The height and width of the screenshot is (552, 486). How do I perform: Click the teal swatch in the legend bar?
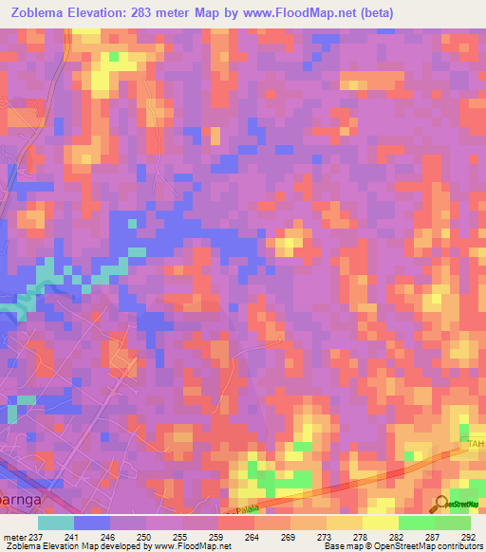[56, 523]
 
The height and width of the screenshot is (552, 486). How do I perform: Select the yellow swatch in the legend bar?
[381, 523]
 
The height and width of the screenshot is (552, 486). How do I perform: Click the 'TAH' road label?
[476, 444]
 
